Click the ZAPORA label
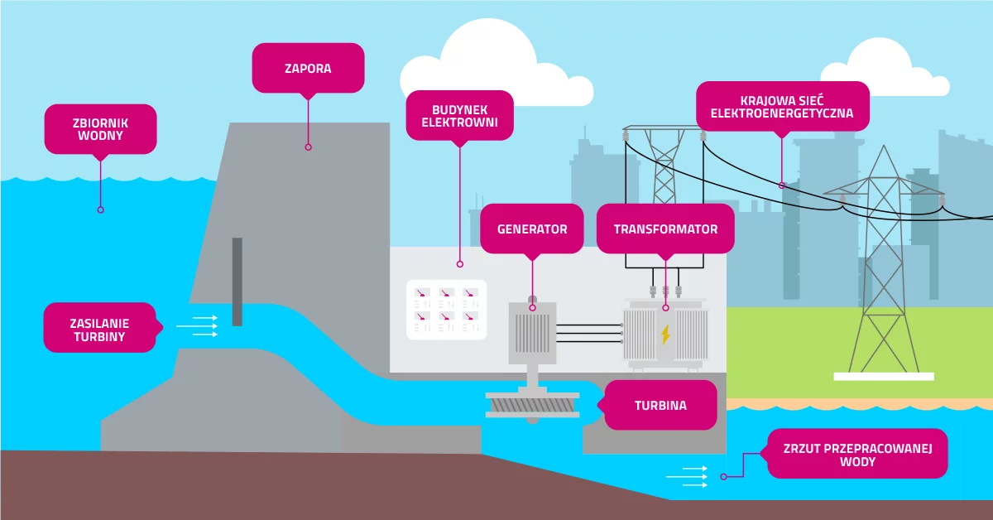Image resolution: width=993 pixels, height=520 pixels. [308, 68]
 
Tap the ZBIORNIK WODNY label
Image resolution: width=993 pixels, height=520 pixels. [100, 128]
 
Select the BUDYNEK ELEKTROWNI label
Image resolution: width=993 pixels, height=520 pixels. [459, 115]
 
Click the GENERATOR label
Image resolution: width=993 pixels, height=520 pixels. [532, 229]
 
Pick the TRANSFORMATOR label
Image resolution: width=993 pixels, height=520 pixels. [665, 229]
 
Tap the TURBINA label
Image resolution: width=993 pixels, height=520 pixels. [660, 406]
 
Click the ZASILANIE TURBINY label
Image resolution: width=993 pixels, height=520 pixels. [99, 327]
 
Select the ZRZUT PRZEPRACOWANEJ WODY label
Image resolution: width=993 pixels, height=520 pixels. [857, 454]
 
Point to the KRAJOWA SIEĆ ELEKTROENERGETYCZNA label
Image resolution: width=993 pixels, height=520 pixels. [782, 106]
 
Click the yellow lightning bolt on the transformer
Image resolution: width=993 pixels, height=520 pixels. [664, 335]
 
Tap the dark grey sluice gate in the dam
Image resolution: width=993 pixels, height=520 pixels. [237, 282]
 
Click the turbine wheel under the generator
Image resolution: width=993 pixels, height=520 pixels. [532, 405]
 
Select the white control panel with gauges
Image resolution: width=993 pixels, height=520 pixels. [446, 310]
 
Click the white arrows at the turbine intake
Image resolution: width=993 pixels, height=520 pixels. [198, 326]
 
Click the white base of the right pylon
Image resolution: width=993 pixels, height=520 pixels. [883, 376]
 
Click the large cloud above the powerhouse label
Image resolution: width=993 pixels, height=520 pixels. [488, 54]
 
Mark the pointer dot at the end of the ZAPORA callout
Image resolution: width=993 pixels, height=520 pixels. [308, 147]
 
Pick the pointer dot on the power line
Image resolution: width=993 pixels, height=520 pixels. [782, 185]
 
